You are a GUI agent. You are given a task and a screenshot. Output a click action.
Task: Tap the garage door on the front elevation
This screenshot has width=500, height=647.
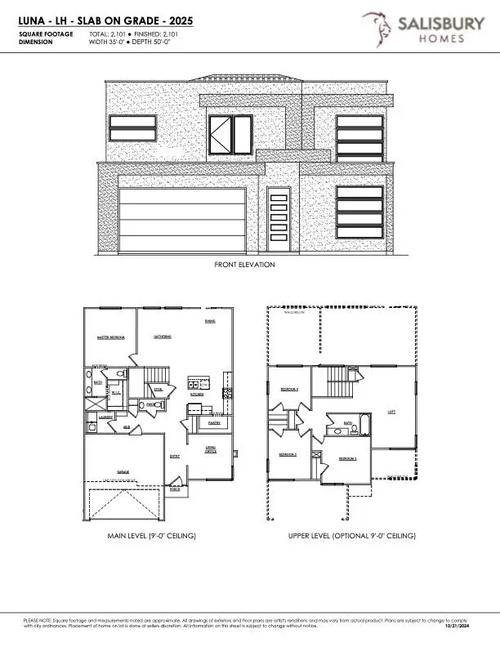click(182, 219)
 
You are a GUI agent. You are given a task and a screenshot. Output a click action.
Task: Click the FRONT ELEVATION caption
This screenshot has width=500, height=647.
click(244, 265)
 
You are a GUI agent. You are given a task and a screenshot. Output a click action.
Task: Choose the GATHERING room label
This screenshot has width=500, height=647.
click(163, 337)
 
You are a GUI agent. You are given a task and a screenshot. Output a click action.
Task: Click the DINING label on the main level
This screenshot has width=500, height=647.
click(210, 321)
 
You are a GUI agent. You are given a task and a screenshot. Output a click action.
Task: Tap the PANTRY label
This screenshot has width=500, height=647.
click(214, 423)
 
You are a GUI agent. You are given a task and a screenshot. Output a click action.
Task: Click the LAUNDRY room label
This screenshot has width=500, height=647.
click(105, 417)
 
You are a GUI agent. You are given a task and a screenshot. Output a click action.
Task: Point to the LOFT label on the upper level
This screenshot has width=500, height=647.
click(391, 413)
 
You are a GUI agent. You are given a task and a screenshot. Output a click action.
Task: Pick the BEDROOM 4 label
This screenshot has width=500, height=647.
click(289, 389)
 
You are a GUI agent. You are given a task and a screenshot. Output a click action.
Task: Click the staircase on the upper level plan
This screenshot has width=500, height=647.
click(337, 381)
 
